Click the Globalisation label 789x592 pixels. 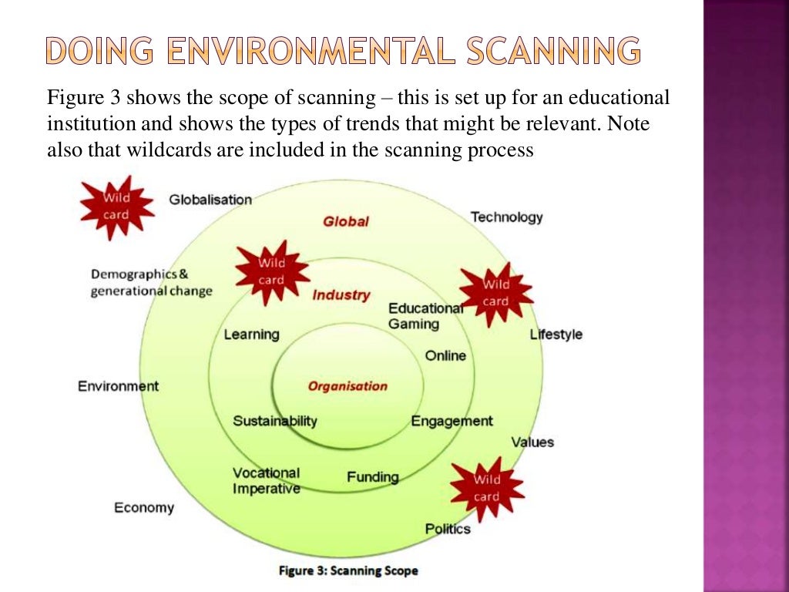pos(210,200)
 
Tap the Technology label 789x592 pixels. pos(506,217)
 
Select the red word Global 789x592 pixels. pos(346,221)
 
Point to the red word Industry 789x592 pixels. pos(341,294)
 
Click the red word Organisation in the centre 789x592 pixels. pos(347,386)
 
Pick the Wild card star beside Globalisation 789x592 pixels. pos(116,206)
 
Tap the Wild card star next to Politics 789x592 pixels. pos(486,488)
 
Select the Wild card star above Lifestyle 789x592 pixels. pos(495,293)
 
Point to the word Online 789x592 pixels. pos(445,355)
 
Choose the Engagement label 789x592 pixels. pos(452,421)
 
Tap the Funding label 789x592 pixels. pos(373,477)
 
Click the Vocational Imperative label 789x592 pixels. pos(266,481)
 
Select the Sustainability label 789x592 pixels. pos(275,421)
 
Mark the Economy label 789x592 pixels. pos(144,507)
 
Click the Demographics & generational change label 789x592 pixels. pos(151,283)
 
